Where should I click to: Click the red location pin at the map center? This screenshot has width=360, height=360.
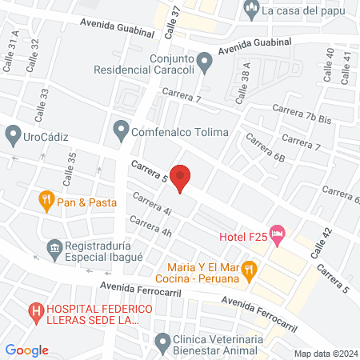pyautogui.click(x=182, y=178)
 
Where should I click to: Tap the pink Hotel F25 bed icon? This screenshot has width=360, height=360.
pyautogui.click(x=278, y=235)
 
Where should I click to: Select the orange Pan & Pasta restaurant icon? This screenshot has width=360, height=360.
pyautogui.click(x=46, y=202)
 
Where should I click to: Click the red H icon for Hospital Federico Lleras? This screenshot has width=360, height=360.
pyautogui.click(x=35, y=310)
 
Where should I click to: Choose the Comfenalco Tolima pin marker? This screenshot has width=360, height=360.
pyautogui.click(x=121, y=128)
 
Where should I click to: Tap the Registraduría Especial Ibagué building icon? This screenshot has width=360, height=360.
pyautogui.click(x=54, y=248)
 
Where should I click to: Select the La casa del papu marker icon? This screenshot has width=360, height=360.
pyautogui.click(x=251, y=10)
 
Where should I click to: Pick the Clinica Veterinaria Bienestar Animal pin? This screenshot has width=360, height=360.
pyautogui.click(x=163, y=339)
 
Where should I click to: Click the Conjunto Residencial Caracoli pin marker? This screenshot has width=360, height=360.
pyautogui.click(x=205, y=60)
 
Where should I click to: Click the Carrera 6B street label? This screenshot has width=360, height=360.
pyautogui.click(x=266, y=150)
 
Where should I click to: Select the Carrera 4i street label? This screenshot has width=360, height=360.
pyautogui.click(x=153, y=205)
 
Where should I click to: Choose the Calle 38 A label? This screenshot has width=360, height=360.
pyautogui.click(x=246, y=79)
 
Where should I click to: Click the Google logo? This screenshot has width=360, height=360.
pyautogui.click(x=26, y=350)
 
